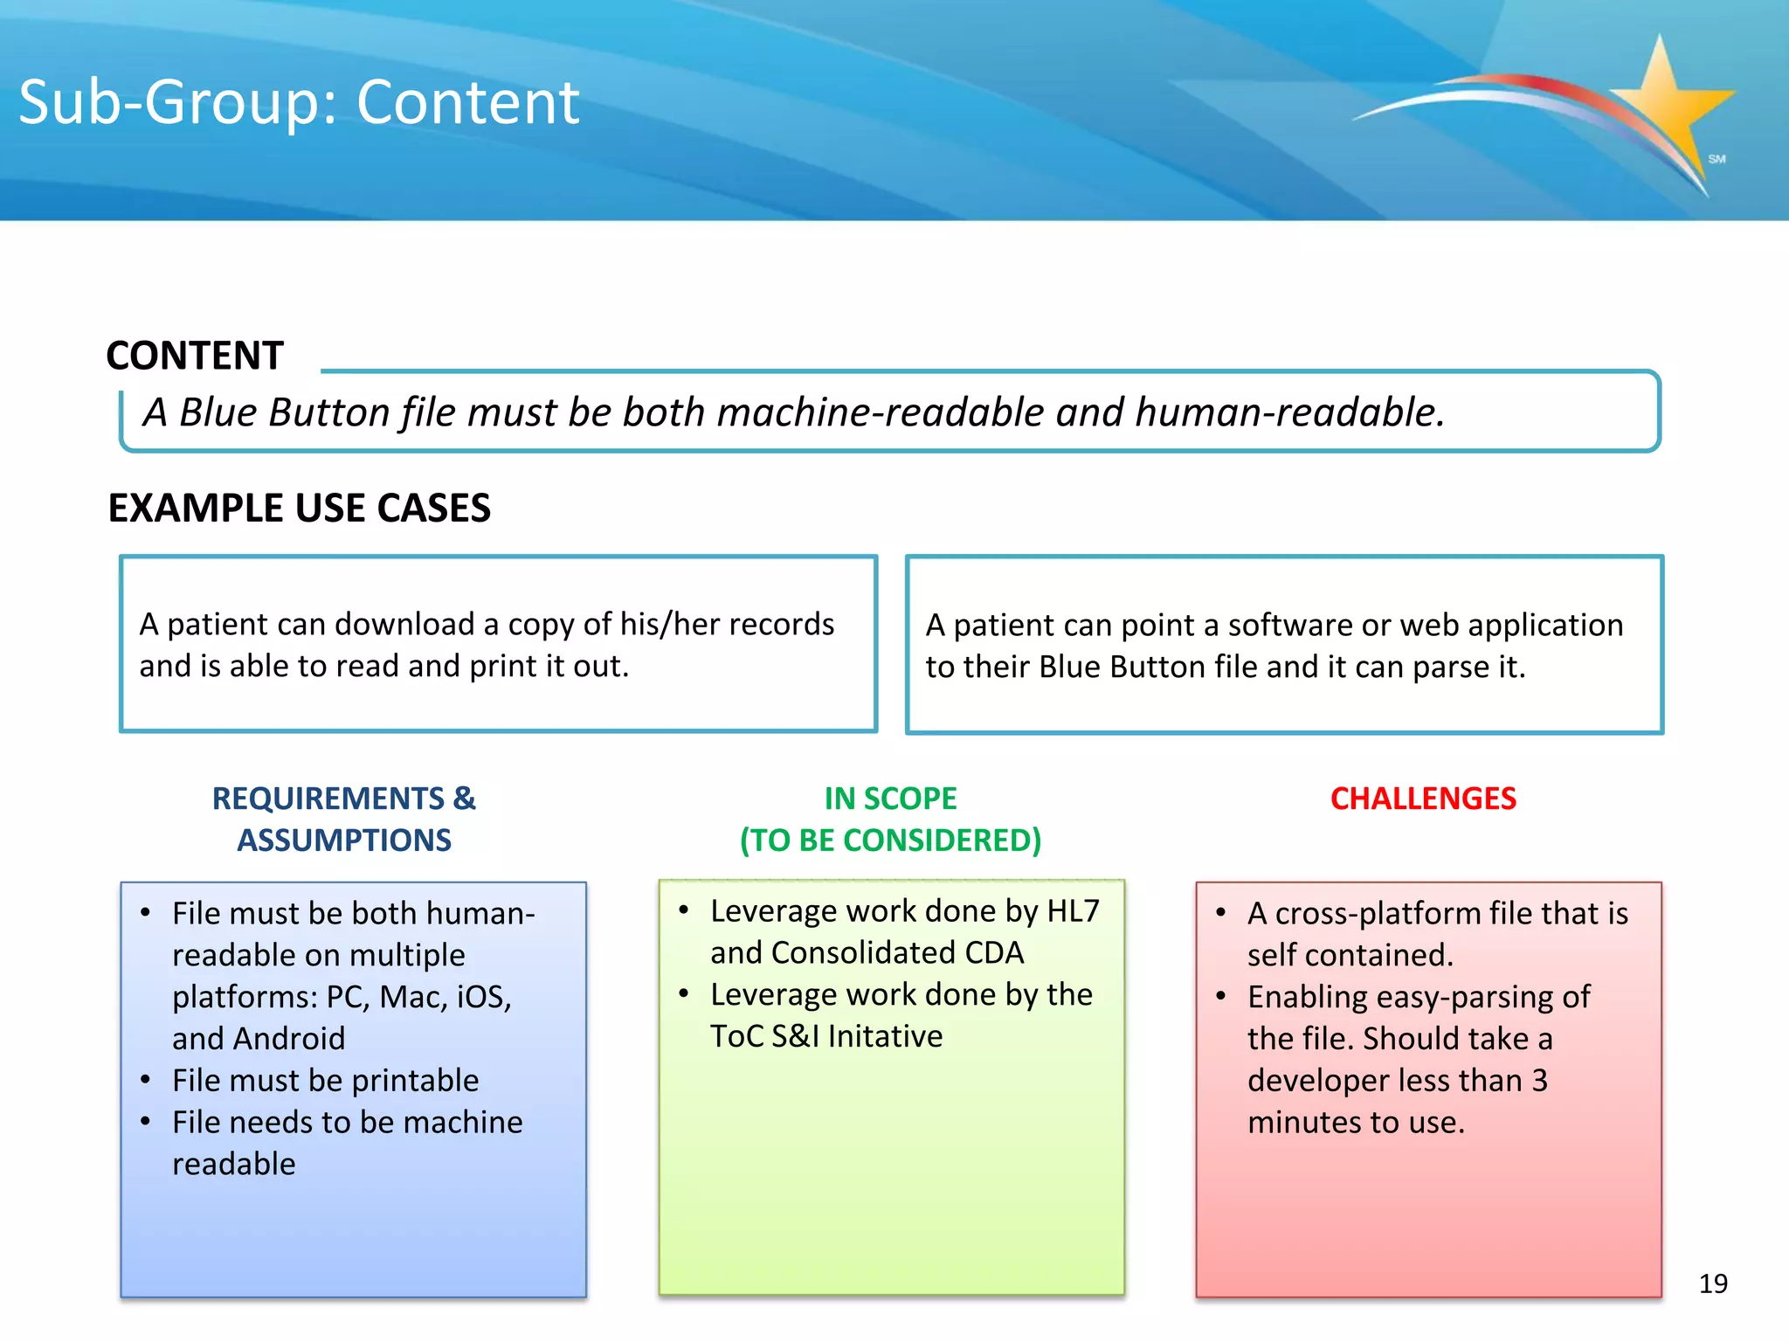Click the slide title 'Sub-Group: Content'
click(x=299, y=102)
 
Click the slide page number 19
click(x=1713, y=1283)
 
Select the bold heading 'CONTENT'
click(x=195, y=356)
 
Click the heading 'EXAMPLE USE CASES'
click(x=299, y=508)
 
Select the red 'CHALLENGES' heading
click(x=1423, y=799)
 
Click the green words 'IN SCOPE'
click(x=890, y=799)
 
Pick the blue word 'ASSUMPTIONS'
click(x=344, y=840)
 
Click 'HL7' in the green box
click(x=1073, y=911)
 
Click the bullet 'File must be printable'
click(x=325, y=1081)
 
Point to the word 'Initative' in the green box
click(x=885, y=1036)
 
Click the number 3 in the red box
click(x=1539, y=1081)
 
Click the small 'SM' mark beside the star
click(x=1716, y=159)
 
